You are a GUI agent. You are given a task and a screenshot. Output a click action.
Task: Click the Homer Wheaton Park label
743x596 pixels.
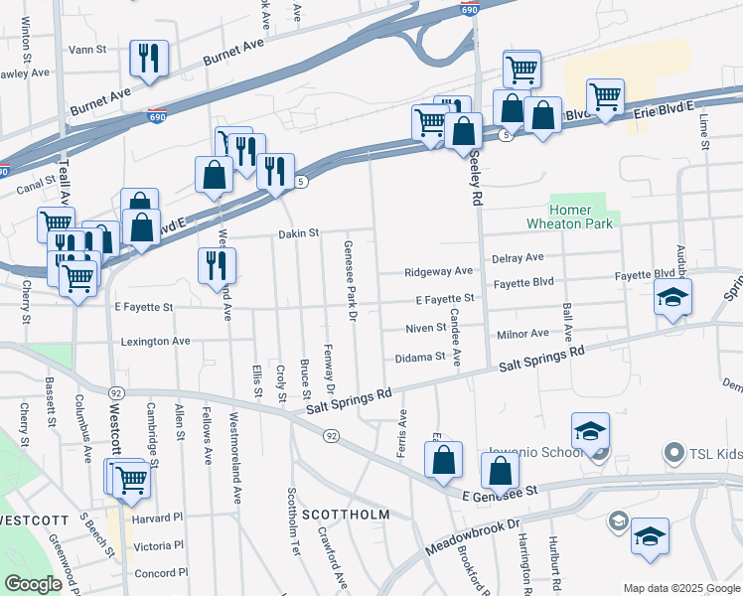pyautogui.click(x=586, y=217)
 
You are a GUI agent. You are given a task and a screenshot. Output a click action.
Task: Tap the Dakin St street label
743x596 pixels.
pyautogui.click(x=298, y=233)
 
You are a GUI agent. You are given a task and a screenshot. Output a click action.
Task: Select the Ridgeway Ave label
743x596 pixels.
pyautogui.click(x=438, y=271)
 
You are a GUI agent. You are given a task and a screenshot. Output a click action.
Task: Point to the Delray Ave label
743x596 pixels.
pyautogui.click(x=519, y=257)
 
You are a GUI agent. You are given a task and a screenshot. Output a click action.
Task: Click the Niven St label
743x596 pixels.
pyautogui.click(x=426, y=328)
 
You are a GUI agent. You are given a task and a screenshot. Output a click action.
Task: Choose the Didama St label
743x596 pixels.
pyautogui.click(x=419, y=357)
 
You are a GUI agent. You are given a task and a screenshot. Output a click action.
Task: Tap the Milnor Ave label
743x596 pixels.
pyautogui.click(x=523, y=334)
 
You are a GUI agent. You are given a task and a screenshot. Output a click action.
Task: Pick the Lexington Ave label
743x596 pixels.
pyautogui.click(x=155, y=341)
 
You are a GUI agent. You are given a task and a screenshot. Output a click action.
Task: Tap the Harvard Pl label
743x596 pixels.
pyautogui.click(x=160, y=518)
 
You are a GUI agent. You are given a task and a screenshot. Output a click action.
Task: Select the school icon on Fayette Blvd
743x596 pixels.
pyautogui.click(x=672, y=297)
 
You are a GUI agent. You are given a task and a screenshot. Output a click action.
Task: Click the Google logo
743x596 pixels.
pyautogui.click(x=33, y=583)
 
